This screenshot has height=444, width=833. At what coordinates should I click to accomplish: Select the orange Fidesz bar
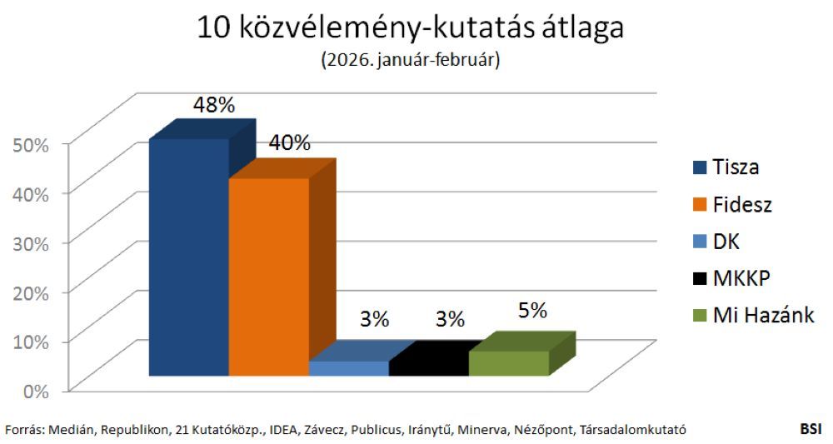pos(268,277)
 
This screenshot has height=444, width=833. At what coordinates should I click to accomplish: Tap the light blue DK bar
pos(348,368)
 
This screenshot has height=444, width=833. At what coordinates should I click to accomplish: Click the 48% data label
pos(214,105)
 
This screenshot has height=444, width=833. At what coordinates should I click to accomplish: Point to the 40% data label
pos(288,142)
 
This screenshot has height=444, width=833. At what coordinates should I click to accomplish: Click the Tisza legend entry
pos(725,167)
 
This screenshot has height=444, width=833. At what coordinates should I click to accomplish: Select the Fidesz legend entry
pos(730,204)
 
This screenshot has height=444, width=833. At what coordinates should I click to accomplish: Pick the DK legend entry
pos(715,242)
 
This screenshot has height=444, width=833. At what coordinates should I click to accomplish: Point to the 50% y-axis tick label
pos(32,143)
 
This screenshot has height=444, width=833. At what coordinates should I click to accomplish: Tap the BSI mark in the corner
pos(811,429)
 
